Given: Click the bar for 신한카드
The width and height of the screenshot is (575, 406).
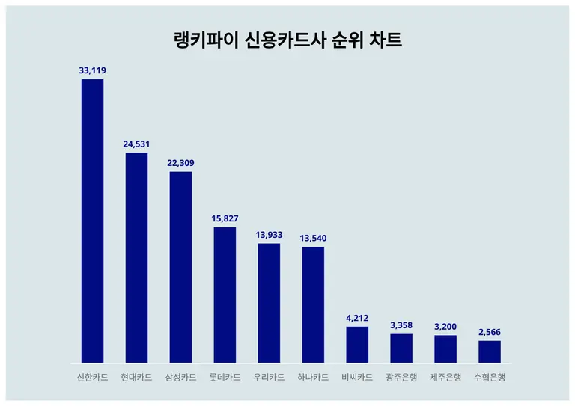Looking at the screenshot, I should [x=92, y=221].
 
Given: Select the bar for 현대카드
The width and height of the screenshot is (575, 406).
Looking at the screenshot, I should [x=136, y=257].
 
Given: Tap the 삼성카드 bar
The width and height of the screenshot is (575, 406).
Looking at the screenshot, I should [x=180, y=267].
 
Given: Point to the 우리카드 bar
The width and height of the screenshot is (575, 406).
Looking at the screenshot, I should [x=269, y=303].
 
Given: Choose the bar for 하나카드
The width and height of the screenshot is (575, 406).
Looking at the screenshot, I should [x=313, y=304].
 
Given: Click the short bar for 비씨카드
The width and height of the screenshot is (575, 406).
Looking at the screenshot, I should [x=357, y=345].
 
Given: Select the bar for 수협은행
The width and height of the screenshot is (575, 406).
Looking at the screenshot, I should [x=490, y=351].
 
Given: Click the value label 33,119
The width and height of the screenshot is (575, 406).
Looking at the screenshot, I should [x=92, y=70].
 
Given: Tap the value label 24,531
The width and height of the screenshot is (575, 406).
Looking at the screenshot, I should [x=136, y=144].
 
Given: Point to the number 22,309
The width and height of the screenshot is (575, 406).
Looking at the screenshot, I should [x=180, y=163].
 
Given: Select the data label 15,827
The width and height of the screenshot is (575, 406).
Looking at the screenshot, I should [x=225, y=218].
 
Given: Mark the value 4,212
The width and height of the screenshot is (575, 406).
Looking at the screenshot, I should [x=357, y=318].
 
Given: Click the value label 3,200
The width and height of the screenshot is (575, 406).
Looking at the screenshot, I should [x=445, y=327].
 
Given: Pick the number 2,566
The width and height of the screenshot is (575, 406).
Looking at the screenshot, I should [x=490, y=332].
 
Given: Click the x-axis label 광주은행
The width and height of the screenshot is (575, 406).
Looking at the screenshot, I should [x=401, y=378].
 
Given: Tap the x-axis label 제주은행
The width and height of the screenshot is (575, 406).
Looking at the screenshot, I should [x=445, y=378].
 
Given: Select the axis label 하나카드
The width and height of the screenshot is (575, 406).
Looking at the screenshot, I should [x=313, y=378].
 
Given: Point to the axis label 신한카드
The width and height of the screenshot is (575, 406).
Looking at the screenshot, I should [x=92, y=378].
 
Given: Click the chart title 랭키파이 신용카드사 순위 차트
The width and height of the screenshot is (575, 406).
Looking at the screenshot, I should [x=287, y=40].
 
